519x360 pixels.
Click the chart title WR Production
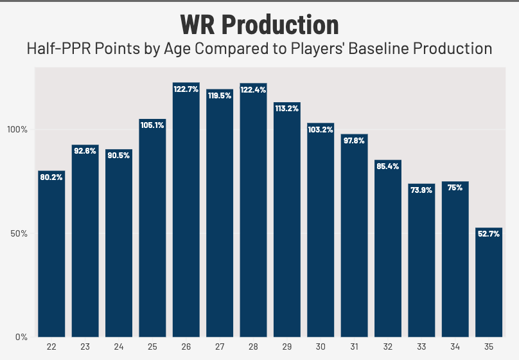259,24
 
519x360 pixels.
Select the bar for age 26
186,212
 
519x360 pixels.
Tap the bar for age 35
489,283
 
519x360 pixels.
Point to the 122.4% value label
254,89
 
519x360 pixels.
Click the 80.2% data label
51,177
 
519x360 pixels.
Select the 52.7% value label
489,234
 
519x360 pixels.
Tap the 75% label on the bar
455,188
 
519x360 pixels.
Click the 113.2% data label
287,108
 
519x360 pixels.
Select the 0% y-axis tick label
21,337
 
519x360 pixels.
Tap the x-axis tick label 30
321,347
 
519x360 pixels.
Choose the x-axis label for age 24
119,347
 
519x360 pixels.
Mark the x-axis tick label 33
421,347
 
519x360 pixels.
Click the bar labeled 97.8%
355,238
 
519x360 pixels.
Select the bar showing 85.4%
388,251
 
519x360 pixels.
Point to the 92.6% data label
85,152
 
